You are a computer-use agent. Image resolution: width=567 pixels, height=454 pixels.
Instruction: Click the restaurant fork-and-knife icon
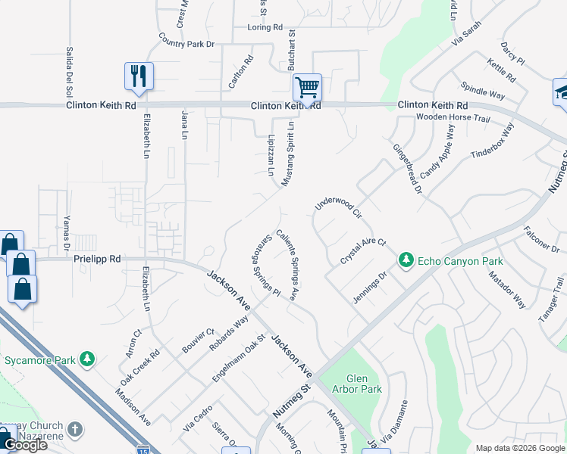pyautogui.click(x=139, y=76)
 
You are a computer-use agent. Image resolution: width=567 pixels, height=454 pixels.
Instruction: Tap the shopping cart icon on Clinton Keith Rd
pyautogui.click(x=307, y=87)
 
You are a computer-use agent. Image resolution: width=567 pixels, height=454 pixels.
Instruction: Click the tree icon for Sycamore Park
pyautogui.click(x=88, y=358)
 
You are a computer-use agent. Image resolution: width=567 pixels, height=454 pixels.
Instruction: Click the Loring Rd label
pyautogui.click(x=265, y=28)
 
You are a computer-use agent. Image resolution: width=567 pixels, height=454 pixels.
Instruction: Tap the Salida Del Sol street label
pyautogui.click(x=69, y=67)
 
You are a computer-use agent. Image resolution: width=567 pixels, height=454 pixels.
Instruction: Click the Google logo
pyautogui.click(x=25, y=445)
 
